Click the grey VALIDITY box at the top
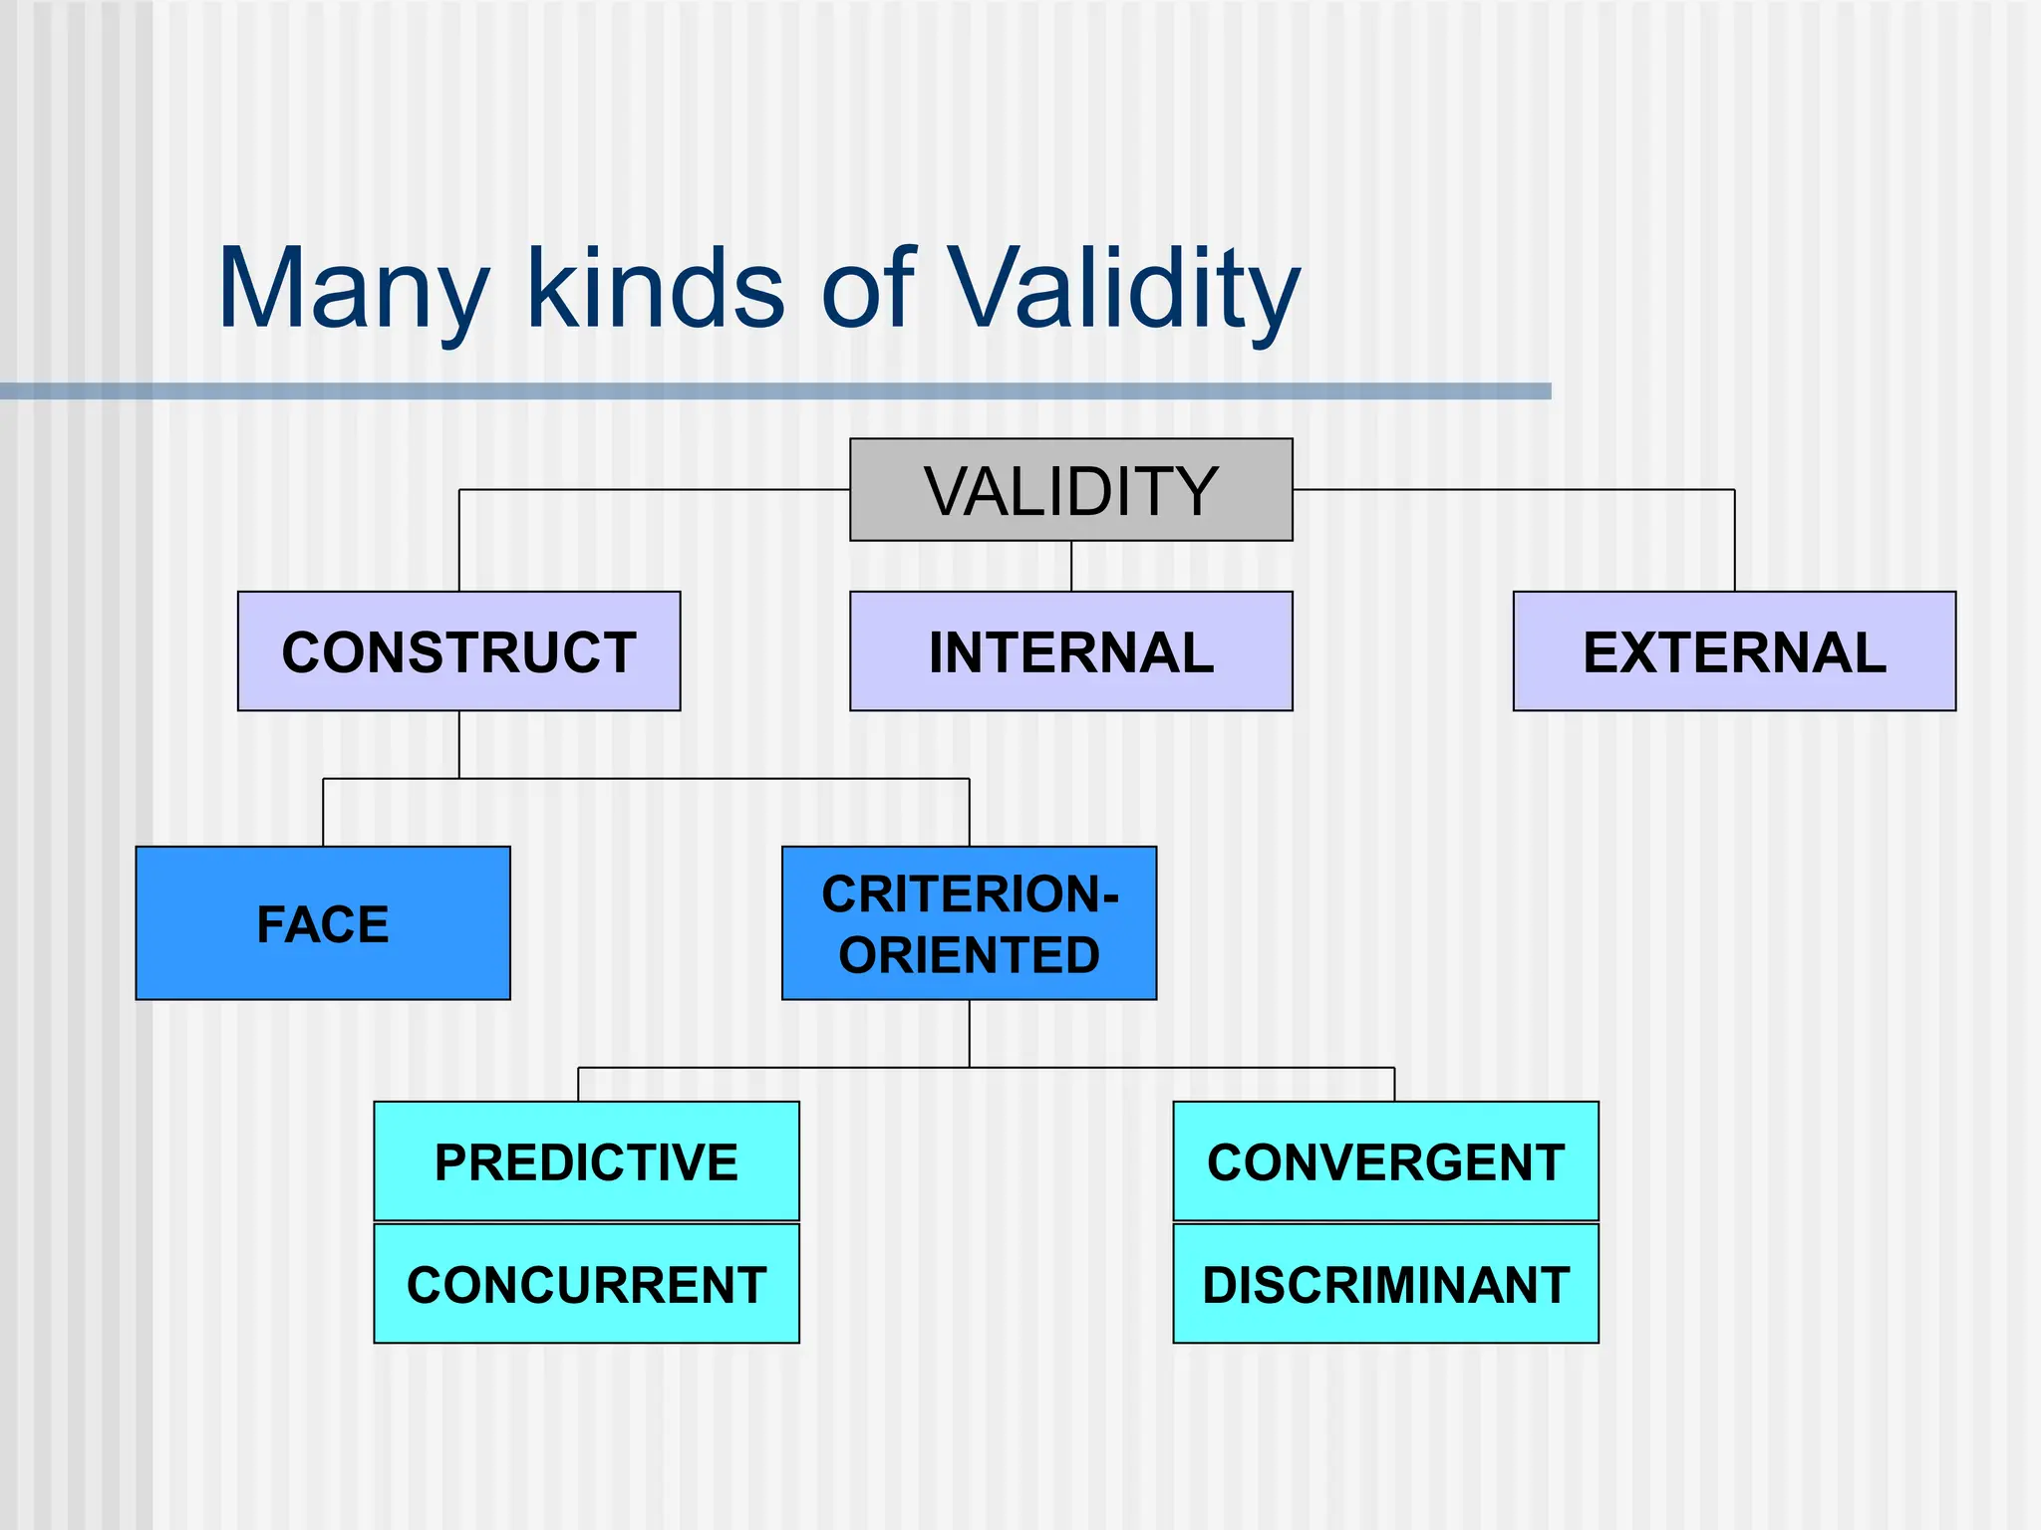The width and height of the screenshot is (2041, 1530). point(1070,489)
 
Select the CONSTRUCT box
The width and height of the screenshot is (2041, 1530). point(458,651)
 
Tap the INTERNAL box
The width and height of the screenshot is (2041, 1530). point(1070,651)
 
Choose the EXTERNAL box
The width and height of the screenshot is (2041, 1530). point(1734,651)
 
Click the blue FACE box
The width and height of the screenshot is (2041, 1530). point(323,923)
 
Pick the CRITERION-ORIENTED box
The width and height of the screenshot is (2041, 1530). point(969,923)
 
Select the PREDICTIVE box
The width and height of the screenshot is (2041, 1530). point(586,1161)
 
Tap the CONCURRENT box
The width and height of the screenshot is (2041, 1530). point(586,1284)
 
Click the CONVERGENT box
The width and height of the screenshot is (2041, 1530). point(1385,1161)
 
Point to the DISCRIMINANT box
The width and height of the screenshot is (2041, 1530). point(1385,1284)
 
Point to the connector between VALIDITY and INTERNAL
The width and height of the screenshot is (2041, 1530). point(1071,566)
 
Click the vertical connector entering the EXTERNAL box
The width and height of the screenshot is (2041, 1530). point(1735,543)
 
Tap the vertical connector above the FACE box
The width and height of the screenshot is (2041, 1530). point(323,813)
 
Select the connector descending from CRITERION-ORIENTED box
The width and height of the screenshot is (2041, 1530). point(970,1033)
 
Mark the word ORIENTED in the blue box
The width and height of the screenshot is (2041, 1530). point(969,955)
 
